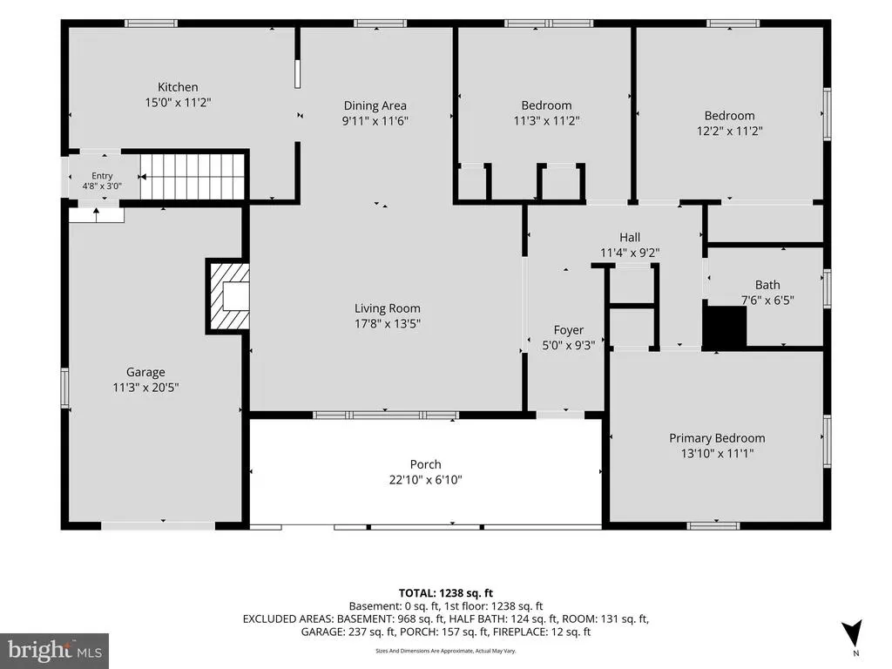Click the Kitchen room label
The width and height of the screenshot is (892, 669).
tap(178, 87)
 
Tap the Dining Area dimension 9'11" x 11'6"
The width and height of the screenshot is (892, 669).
tap(375, 120)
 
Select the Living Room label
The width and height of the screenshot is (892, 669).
tap(388, 308)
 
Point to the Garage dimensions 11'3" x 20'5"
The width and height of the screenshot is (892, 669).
tap(145, 388)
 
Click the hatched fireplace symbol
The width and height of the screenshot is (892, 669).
tap(229, 296)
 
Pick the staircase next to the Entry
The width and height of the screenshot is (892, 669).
tap(193, 176)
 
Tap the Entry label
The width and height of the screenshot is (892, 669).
tap(103, 176)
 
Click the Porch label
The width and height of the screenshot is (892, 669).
tap(425, 464)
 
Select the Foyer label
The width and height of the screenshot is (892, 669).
tap(568, 330)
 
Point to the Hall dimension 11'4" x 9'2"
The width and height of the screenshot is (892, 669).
tap(630, 253)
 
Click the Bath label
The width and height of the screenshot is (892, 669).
tap(767, 285)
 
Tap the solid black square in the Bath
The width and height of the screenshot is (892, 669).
tap(726, 327)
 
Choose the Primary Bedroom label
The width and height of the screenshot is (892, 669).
tap(717, 438)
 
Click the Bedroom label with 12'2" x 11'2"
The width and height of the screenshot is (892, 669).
tap(729, 116)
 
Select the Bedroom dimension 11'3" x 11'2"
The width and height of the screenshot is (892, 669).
tap(546, 120)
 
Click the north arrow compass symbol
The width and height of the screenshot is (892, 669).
tap(852, 632)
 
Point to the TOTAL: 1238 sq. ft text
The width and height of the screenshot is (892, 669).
tap(445, 593)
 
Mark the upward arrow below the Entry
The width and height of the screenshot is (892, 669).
tap(96, 214)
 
